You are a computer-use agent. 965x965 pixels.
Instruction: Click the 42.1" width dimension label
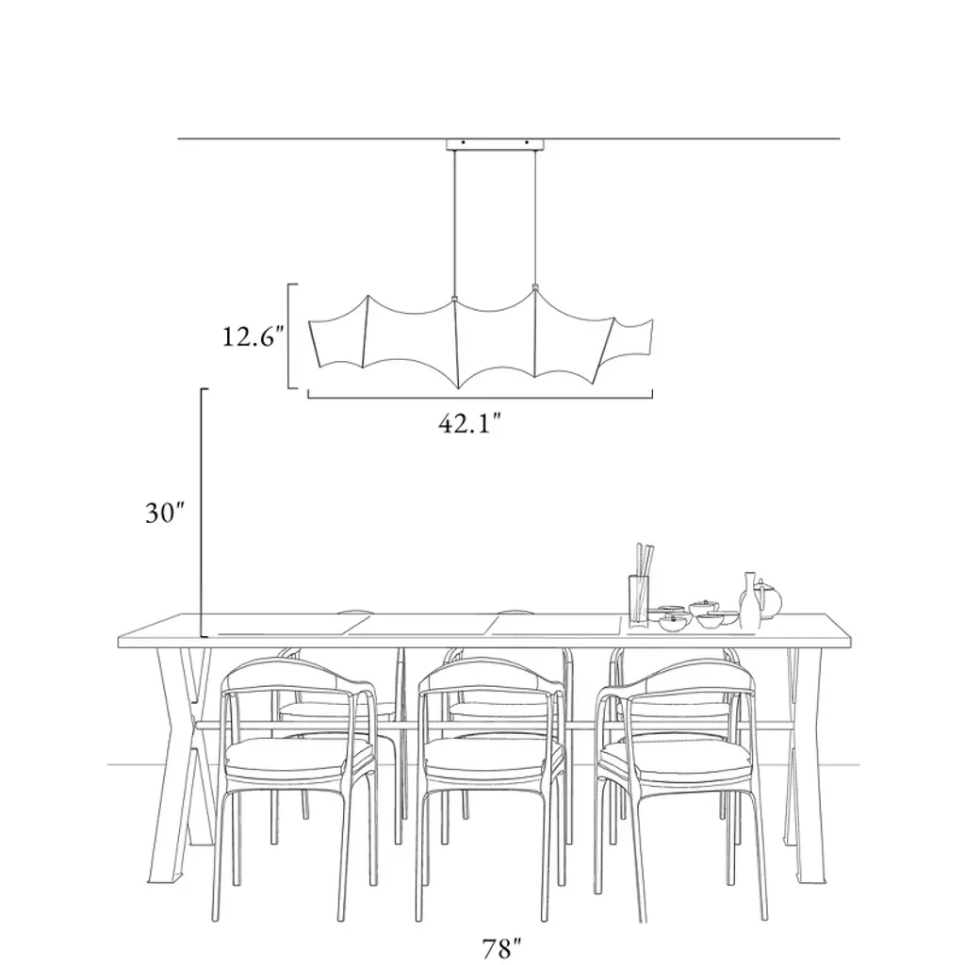click(469, 423)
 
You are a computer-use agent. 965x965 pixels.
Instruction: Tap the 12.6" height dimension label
click(253, 336)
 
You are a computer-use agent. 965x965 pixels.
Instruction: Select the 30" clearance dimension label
click(165, 512)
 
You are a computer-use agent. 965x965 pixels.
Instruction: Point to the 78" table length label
click(501, 948)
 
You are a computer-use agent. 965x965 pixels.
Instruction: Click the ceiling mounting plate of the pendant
click(496, 144)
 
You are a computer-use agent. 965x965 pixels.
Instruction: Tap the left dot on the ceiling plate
click(463, 143)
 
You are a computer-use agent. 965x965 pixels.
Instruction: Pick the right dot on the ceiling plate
click(527, 143)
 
